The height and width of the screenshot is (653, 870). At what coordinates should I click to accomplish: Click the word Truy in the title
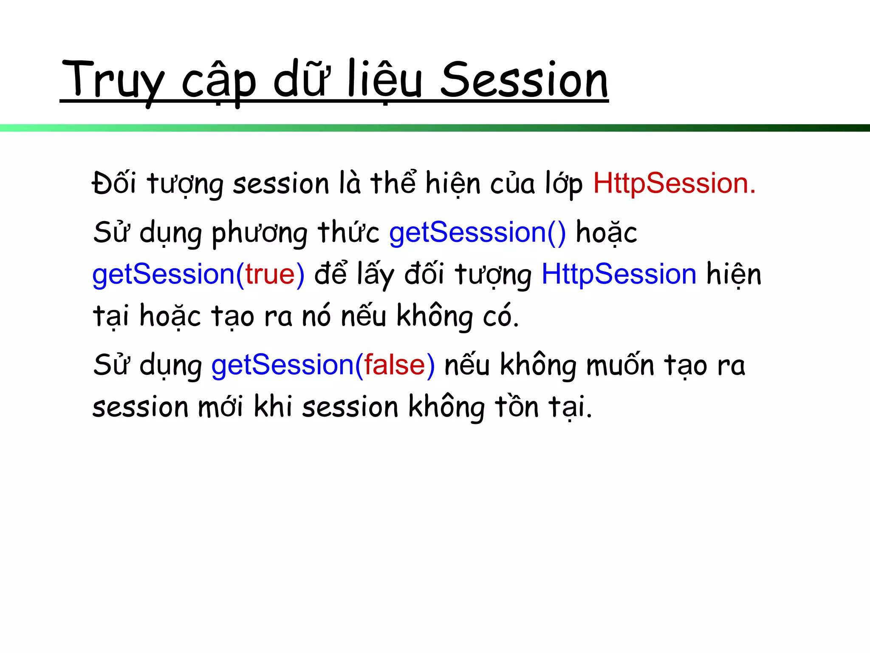pyautogui.click(x=113, y=81)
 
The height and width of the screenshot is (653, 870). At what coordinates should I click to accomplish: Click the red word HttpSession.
pyautogui.click(x=674, y=184)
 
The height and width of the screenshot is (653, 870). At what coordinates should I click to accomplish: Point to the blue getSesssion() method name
pyautogui.click(x=477, y=233)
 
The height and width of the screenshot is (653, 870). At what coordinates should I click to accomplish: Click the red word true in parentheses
pyautogui.click(x=270, y=274)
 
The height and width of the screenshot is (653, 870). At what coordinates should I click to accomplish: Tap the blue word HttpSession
pyautogui.click(x=619, y=274)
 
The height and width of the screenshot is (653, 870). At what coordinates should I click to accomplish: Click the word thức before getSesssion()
pyautogui.click(x=348, y=232)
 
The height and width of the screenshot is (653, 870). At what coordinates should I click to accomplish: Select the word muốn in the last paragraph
pyautogui.click(x=620, y=365)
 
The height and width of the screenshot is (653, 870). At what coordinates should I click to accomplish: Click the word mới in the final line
pyautogui.click(x=221, y=407)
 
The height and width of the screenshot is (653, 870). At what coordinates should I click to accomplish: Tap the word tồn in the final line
pyautogui.click(x=517, y=406)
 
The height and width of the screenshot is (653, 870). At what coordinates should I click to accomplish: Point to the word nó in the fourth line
pyautogui.click(x=316, y=316)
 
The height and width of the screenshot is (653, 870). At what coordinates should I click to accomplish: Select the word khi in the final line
pyautogui.click(x=273, y=406)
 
